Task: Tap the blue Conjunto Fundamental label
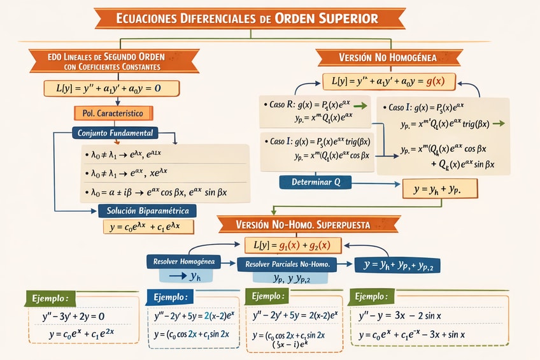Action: [115, 133]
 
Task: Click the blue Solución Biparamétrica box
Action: [148, 210]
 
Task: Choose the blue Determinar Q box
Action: [316, 182]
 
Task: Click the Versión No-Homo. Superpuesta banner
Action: [308, 224]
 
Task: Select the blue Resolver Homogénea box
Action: [183, 261]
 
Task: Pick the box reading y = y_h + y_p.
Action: [437, 189]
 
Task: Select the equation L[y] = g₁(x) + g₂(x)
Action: [294, 245]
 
